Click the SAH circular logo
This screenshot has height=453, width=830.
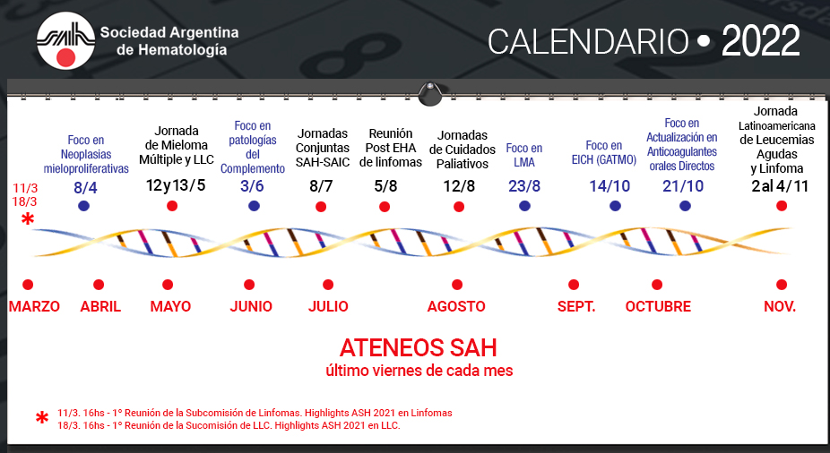coord(65,40)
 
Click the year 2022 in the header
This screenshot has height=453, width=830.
coord(760,41)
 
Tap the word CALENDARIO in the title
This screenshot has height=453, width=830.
coord(588,42)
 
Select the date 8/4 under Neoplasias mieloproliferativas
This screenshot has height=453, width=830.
coord(85,188)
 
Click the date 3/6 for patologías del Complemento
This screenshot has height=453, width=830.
coord(252,186)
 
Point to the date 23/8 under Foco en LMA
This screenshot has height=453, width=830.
coord(524,186)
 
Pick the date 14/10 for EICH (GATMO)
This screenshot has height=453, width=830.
coord(610,186)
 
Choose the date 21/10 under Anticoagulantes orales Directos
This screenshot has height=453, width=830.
coord(683,186)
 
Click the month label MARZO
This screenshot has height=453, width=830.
coord(34,306)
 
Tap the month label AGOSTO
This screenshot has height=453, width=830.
coord(456,306)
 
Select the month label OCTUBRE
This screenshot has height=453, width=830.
coord(658,306)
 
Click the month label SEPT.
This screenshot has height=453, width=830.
coord(576,306)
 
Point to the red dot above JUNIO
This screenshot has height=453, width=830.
coord(249,285)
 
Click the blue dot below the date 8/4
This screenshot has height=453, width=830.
coord(83,206)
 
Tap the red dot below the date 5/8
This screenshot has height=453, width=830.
coord(385,207)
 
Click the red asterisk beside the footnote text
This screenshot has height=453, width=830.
coord(42,418)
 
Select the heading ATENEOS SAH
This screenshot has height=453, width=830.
coord(419,348)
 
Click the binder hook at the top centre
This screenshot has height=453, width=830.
coord(430,94)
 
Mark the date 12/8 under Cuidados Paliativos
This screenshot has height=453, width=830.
coord(459,186)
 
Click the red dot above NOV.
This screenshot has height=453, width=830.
coord(782,285)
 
